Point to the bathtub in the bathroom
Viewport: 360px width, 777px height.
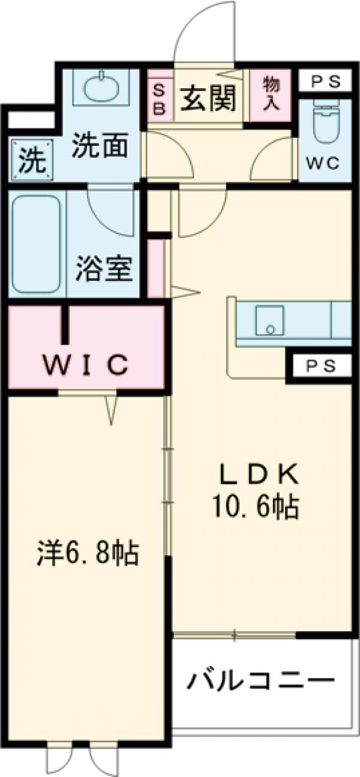pos(37,243)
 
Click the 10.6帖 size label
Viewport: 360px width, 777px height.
pos(254,509)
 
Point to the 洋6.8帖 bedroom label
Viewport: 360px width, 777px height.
pos(88,553)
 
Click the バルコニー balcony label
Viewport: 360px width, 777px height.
pos(259,681)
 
